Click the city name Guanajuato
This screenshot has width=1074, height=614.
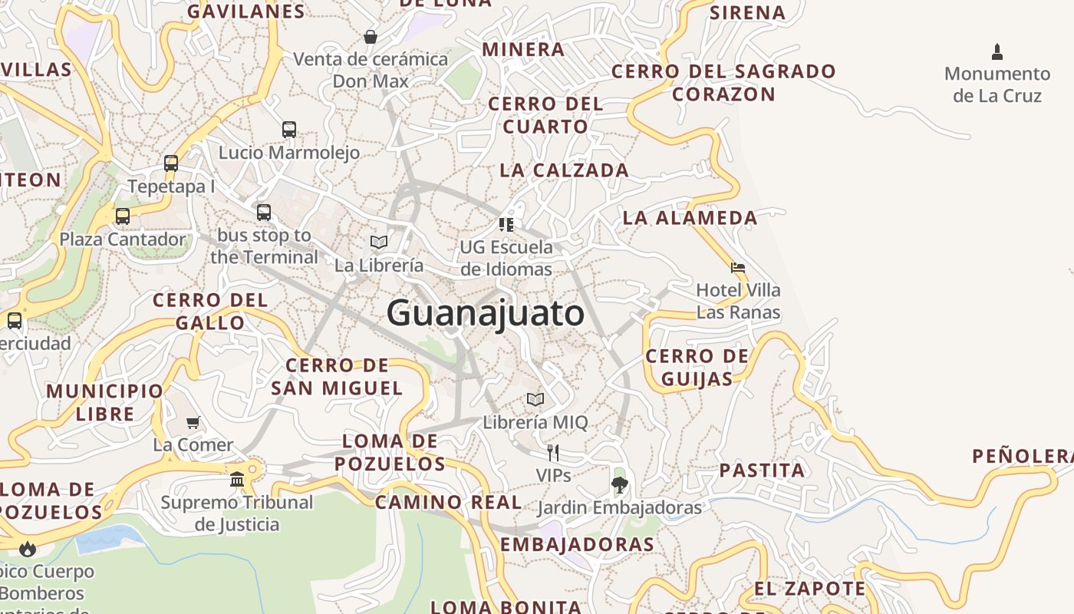point(485,313)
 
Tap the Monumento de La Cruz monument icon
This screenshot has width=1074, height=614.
point(997,52)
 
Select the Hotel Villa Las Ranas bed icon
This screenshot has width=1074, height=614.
point(738,268)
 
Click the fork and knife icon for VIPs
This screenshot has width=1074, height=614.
point(553,452)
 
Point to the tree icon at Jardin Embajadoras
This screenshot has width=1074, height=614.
point(619,484)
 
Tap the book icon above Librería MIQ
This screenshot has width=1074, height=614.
point(535,399)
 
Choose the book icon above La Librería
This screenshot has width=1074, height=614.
point(379,242)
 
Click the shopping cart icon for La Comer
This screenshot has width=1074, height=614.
point(193,422)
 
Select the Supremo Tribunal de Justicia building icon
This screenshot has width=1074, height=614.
point(237,480)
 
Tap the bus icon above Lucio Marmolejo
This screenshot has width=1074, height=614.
point(289,129)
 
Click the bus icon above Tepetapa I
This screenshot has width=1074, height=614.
point(171,163)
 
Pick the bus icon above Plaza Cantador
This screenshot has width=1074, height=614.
point(123,216)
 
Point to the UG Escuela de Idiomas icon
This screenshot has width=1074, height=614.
point(506,224)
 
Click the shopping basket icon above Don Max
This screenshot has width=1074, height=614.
point(371,36)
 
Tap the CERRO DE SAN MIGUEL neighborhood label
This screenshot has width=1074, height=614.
point(337,377)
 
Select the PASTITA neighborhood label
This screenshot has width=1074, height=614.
point(762,470)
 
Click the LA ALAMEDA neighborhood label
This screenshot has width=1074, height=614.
point(690,218)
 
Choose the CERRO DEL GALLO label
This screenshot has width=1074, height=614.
point(210,311)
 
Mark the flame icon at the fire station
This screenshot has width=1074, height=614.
point(28,548)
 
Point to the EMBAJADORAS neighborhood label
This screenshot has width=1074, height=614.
point(577,545)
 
